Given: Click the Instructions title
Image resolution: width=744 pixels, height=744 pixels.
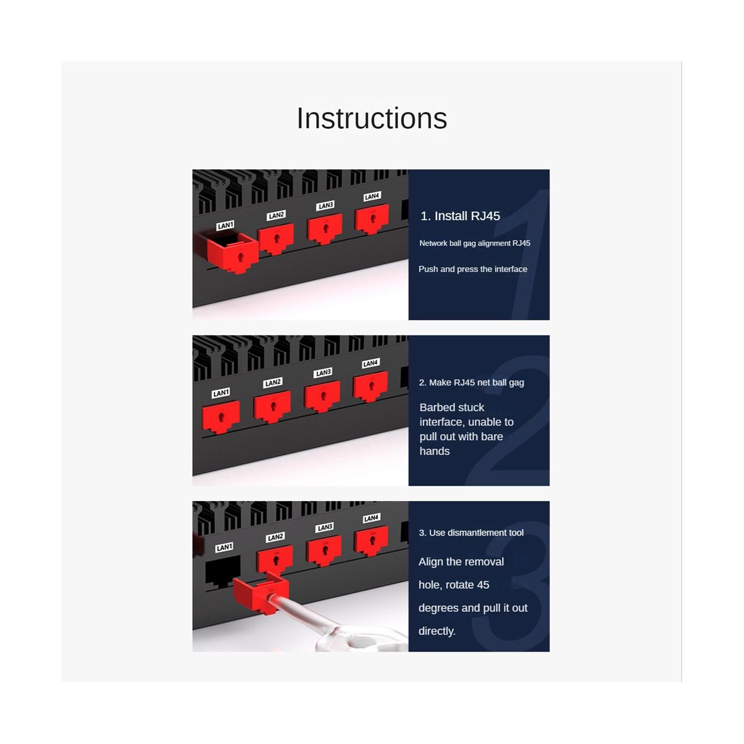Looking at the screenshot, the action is tap(372, 118).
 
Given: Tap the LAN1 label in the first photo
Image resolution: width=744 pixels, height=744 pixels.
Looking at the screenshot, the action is tap(226, 225).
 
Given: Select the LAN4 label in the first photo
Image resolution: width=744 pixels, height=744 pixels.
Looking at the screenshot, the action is tap(372, 196).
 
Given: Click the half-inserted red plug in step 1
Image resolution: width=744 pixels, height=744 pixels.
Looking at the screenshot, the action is tap(232, 253).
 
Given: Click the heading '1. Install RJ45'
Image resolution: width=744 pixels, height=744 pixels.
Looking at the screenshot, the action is tap(460, 216).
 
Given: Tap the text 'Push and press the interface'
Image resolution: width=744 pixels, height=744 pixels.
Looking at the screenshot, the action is tap(473, 269).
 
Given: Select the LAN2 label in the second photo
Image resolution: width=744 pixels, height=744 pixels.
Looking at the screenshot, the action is tap(273, 383).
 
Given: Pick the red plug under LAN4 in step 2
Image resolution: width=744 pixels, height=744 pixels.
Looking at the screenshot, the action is tap(371, 386).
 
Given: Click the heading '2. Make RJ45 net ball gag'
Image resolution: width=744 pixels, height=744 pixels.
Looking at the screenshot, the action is tap(471, 383).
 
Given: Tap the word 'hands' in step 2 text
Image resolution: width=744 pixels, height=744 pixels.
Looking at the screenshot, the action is tap(435, 451).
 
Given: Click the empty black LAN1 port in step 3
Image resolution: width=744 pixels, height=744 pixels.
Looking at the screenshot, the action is tap(223, 571).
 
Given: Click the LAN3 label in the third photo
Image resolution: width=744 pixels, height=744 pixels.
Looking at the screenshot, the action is tap(325, 527).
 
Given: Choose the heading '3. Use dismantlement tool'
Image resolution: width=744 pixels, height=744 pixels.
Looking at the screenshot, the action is tap(471, 533).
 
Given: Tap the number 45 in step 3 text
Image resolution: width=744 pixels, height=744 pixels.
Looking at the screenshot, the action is tap(482, 585).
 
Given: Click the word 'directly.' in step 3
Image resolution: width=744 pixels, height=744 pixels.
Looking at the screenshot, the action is tap(437, 631).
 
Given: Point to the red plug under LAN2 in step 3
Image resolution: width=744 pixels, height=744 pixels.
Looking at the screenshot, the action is tap(275, 559).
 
